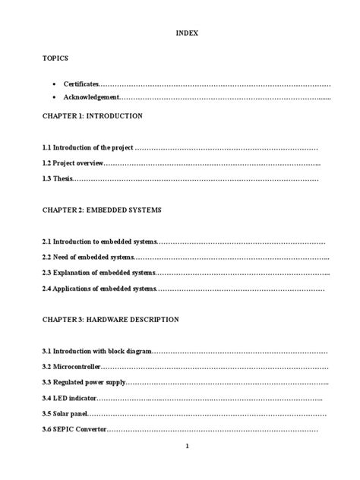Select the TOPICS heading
(54, 58)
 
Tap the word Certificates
(80, 83)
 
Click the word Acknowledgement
(91, 98)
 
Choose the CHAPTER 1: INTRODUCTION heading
(92, 116)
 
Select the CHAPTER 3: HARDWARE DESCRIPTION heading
(110, 320)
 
